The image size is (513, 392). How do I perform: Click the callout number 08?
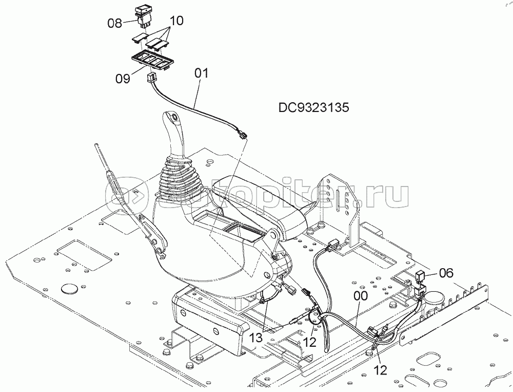click(114, 23)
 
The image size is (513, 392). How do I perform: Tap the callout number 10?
click(176, 21)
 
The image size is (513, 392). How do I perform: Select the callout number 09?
click(123, 79)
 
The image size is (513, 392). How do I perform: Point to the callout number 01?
click(201, 73)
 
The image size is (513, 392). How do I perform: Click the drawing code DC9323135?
click(314, 107)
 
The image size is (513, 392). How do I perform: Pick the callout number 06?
click(447, 273)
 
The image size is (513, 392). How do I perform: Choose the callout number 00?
click(361, 296)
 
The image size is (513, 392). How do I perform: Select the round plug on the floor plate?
click(68, 288)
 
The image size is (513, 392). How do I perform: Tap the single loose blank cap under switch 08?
click(139, 38)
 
